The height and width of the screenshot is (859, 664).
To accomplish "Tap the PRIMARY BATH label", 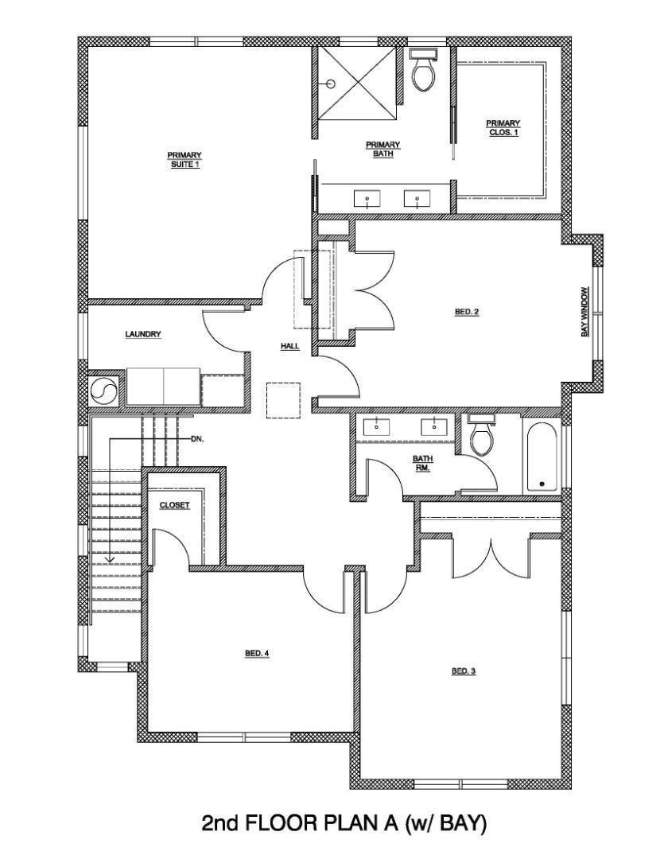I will click(382, 149).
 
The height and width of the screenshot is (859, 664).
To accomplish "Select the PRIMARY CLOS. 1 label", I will click(503, 127).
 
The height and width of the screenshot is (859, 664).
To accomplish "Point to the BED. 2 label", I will click(467, 312).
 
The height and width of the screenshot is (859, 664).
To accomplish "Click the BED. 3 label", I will click(464, 671).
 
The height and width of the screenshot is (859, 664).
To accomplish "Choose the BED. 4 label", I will click(257, 654).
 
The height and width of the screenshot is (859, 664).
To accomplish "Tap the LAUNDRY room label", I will click(143, 335).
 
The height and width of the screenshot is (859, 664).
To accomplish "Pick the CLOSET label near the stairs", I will click(174, 505).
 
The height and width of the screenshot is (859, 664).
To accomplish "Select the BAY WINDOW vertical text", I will click(584, 311).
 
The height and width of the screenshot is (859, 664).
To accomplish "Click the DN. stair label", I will click(197, 438).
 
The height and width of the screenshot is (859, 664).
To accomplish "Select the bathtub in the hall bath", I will click(542, 457).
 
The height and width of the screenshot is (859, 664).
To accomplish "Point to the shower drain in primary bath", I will click(332, 84).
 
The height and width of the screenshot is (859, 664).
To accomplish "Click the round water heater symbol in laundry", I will click(103, 390).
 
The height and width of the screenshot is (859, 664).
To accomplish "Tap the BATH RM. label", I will click(421, 463).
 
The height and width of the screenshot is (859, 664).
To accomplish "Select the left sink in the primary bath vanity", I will click(367, 198).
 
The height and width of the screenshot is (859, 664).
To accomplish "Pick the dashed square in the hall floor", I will click(283, 400).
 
